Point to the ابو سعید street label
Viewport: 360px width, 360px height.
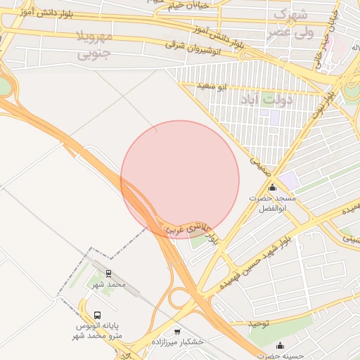212,86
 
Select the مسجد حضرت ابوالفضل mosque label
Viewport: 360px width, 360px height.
272,204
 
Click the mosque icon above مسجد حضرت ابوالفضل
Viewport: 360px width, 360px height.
272,188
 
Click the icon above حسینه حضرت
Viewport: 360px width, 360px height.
281,345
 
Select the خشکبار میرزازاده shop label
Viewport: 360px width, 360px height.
178,341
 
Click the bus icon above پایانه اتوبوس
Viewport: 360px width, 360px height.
98,316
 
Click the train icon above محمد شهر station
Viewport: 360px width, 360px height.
109,273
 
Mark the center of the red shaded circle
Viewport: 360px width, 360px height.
180,179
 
